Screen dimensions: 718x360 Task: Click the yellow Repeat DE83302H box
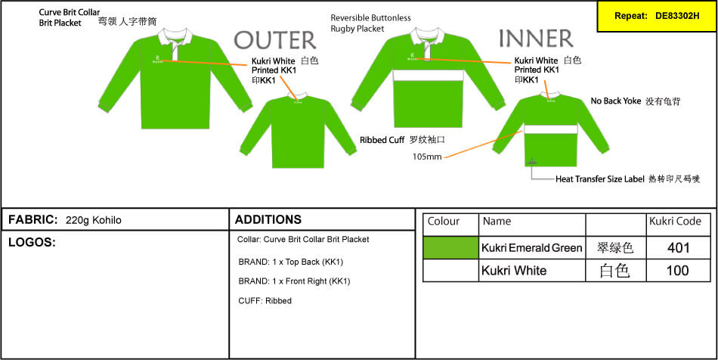[657, 16]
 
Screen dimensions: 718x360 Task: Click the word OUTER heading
[275, 40]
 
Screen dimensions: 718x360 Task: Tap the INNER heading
[536, 39]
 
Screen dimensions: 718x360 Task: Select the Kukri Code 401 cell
[679, 248]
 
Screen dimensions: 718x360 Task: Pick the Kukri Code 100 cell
[679, 271]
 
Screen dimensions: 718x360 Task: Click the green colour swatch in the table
[450, 248]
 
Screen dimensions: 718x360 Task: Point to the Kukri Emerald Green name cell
[532, 248]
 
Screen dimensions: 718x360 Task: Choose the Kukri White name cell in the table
[532, 271]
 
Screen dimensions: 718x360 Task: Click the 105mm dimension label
[427, 157]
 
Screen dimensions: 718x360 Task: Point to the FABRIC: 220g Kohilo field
[65, 220]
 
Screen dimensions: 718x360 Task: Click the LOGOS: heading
[32, 243]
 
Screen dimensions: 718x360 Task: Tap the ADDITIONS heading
[268, 219]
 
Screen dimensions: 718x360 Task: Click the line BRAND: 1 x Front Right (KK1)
[294, 281]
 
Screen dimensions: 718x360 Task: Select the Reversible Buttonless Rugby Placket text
[370, 23]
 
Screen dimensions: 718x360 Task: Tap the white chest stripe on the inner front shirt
[428, 75]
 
